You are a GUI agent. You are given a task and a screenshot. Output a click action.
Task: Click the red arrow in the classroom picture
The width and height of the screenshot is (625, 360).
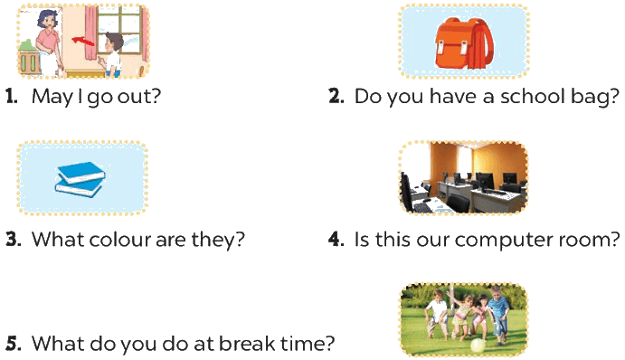(83, 41)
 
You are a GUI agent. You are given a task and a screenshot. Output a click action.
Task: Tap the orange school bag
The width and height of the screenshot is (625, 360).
(464, 43)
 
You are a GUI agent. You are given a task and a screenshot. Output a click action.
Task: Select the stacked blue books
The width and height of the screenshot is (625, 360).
(80, 179)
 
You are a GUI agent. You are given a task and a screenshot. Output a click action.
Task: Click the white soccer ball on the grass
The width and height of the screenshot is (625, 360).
(478, 346)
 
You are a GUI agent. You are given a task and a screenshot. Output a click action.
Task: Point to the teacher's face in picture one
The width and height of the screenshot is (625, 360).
(48, 20)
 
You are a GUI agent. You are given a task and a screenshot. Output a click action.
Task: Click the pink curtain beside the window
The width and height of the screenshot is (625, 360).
(90, 32)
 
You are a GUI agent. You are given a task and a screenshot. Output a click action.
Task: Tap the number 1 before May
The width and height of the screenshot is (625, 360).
(11, 97)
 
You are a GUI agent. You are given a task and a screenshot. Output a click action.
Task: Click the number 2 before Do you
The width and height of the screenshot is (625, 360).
(336, 97)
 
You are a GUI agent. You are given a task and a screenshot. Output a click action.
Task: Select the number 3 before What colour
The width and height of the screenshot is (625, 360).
(14, 239)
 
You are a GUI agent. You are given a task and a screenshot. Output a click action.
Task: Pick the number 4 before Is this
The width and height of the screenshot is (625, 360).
(336, 239)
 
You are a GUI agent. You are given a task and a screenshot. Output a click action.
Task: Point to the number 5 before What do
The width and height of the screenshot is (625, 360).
(14, 343)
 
